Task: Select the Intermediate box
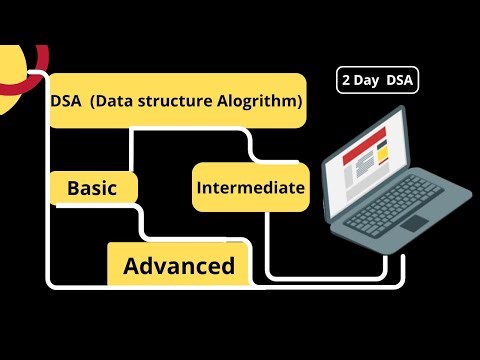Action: click(x=249, y=187)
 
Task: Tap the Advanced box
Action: click(x=179, y=266)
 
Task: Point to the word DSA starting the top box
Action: click(x=69, y=101)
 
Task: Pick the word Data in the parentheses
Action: click(x=131, y=101)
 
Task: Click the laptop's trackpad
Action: click(x=413, y=222)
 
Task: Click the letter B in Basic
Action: click(x=73, y=187)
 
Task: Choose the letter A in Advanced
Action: click(x=131, y=267)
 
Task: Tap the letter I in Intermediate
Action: click(x=200, y=187)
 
